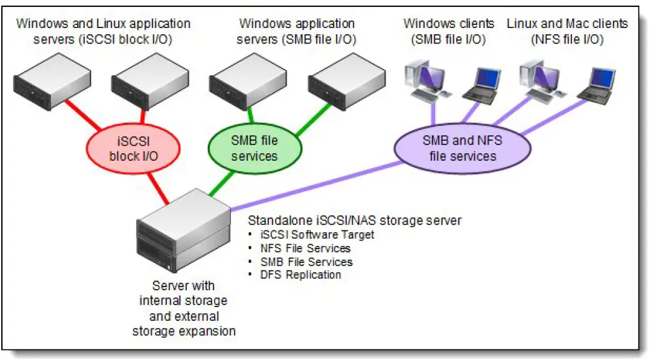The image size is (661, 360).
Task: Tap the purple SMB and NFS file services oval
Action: click(462, 148)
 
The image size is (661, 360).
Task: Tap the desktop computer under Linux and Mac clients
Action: click(540, 80)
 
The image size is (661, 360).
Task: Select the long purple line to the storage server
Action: click(317, 185)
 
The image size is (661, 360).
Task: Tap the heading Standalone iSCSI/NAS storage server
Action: click(354, 221)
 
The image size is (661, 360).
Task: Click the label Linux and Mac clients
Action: click(567, 24)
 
